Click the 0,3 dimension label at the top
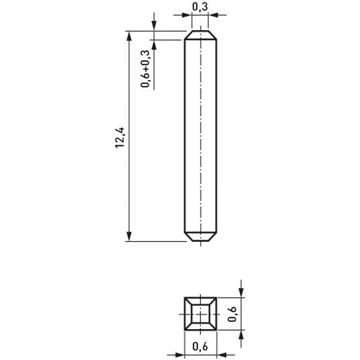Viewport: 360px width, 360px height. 200,7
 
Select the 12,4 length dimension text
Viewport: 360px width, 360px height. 120,138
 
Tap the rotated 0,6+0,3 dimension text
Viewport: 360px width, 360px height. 145,68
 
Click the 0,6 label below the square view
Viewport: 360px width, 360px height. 200,346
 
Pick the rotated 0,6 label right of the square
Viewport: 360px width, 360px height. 233,314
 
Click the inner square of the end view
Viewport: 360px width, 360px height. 200,314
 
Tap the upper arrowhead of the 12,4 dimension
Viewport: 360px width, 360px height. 129,38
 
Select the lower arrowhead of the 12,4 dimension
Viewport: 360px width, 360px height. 129,235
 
